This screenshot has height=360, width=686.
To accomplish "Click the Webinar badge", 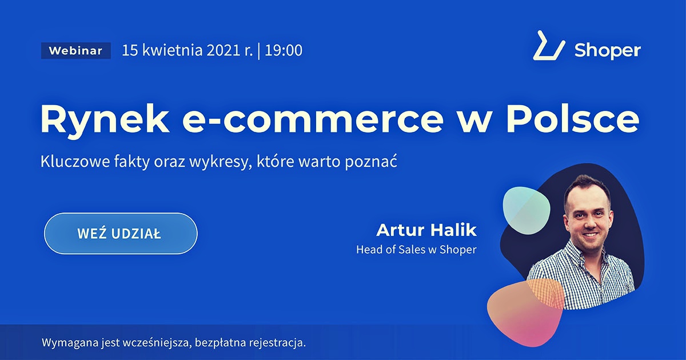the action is point(76,50).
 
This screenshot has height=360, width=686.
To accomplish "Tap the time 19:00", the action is point(284,50).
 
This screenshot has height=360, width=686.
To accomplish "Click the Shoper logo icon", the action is point(549,46).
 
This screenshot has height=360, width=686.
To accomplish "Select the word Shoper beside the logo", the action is point(608,50).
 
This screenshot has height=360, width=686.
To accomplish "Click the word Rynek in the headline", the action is point(105,120).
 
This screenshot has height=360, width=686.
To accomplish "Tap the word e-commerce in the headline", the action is point(313,120).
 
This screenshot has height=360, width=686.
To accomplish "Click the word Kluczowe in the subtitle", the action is point(75,161).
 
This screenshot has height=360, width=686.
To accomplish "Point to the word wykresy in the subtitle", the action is point(220,162).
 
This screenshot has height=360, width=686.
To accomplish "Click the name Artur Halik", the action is point(426,230).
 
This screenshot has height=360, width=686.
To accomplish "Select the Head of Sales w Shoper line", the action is point(417,250).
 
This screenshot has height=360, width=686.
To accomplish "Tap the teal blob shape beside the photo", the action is point(527,211).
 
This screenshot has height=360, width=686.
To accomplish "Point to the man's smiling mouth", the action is point(590,235).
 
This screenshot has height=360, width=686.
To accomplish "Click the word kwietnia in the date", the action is point(173,50).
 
